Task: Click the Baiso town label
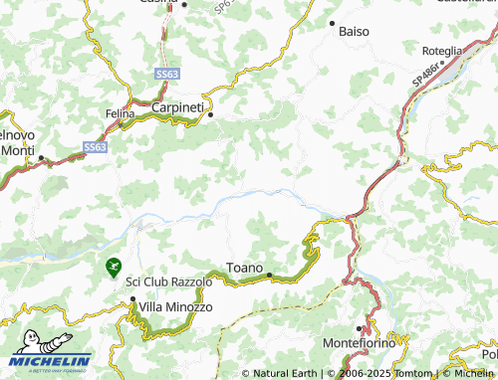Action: (354, 32)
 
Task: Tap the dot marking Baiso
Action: (332, 21)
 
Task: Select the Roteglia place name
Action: (441, 51)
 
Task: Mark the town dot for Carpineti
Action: (210, 114)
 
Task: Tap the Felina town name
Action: (120, 114)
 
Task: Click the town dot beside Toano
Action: (269, 271)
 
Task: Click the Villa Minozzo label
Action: (176, 307)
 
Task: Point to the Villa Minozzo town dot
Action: (132, 298)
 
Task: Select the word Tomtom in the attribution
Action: (412, 374)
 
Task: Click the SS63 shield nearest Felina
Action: (95, 146)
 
